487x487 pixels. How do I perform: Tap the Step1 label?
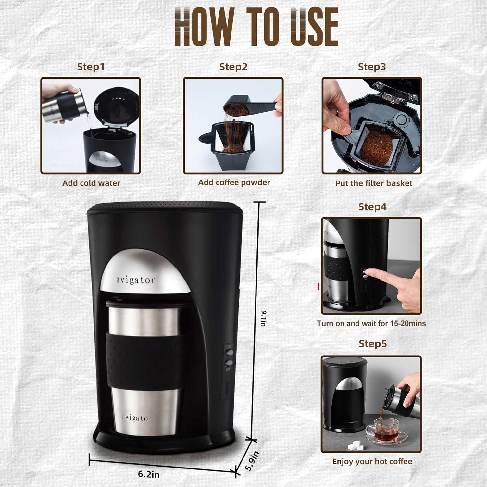point(91,67)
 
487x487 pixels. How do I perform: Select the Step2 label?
point(233,67)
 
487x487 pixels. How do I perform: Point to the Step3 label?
point(372,67)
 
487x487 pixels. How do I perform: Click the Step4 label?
point(372,207)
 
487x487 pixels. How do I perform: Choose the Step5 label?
point(372,344)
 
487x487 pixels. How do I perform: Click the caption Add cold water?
point(91,183)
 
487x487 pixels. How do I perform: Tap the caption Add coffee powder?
point(234,182)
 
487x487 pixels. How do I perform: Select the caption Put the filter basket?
point(373,183)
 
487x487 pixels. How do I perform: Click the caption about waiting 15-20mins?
point(371,323)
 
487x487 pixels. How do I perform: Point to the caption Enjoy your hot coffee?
point(372,461)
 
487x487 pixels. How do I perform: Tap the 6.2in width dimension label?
point(149,474)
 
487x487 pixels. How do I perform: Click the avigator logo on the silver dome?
point(136,280)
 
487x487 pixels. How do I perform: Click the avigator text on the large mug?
point(137,418)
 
